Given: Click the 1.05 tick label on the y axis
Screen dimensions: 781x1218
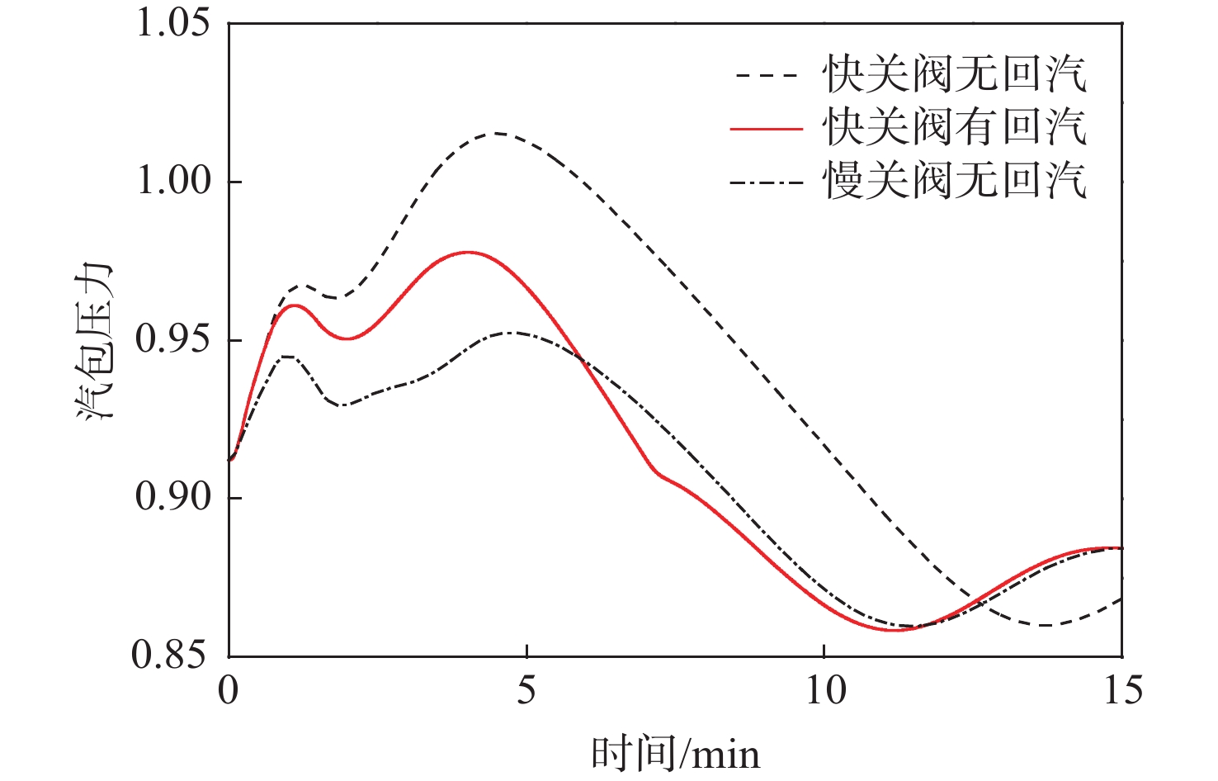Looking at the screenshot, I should click(172, 22).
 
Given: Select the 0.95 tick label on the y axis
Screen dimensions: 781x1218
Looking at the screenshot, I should click(172, 339).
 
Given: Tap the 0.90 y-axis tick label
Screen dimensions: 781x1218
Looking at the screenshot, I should click(172, 497).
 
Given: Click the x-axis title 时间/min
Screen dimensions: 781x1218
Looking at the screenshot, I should click(675, 753).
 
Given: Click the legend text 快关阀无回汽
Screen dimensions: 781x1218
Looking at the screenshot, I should click(954, 74).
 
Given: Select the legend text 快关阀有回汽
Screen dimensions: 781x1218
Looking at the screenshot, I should click(954, 127).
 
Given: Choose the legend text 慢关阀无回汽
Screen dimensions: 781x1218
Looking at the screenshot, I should click(954, 180).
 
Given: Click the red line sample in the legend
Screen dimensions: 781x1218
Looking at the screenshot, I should click(767, 129).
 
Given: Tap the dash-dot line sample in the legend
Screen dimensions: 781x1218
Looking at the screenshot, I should click(767, 182).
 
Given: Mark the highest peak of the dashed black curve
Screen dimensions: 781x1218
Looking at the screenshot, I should click(497, 133).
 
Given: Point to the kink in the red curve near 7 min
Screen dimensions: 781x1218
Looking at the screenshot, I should click(658, 473).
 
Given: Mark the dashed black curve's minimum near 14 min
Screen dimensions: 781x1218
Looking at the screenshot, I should click(1045, 625).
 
